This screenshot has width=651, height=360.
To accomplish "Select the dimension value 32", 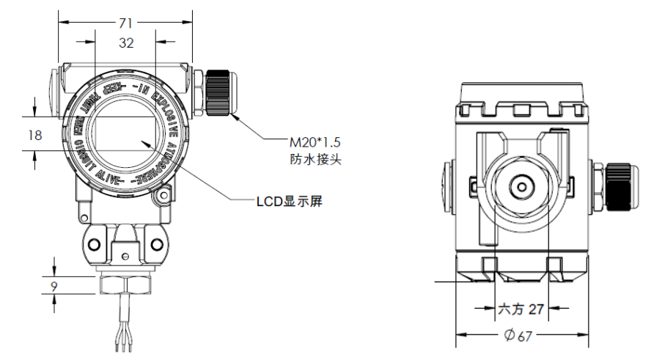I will click(x=125, y=43).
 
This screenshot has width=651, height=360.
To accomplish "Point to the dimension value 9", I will click(x=54, y=285).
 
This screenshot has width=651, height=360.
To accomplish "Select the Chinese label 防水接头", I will click(x=312, y=158).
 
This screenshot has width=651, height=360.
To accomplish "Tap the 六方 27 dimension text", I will click(x=522, y=309).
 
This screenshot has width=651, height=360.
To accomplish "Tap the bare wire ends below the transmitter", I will click(x=122, y=339).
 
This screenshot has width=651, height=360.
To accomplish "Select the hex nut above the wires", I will click(x=126, y=284).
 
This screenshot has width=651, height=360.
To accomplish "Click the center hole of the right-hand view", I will click(x=521, y=186).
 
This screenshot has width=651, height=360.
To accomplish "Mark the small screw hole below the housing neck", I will click(x=126, y=255).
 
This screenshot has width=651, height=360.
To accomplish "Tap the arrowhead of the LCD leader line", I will click(x=147, y=144).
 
